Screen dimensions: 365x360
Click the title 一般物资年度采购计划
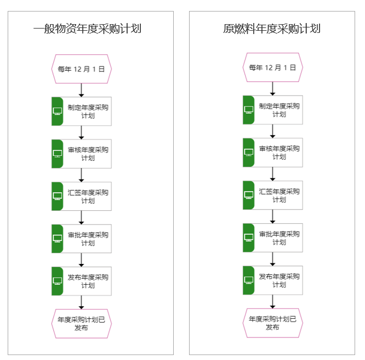(87, 29)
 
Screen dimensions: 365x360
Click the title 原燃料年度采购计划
(272, 29)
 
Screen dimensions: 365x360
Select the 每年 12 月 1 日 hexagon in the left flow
(82, 69)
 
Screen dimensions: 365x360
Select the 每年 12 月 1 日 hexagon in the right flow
(273, 67)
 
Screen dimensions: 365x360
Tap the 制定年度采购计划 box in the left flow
(82, 111)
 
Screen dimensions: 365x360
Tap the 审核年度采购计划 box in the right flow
(273, 153)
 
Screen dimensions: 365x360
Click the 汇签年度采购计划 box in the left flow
(82, 196)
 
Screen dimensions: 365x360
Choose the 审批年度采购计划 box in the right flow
(273, 238)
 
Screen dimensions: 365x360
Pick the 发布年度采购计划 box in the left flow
(82, 281)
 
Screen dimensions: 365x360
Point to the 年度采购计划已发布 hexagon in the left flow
(82, 324)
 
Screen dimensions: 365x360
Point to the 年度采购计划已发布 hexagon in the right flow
(273, 323)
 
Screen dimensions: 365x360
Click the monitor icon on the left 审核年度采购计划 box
(58, 154)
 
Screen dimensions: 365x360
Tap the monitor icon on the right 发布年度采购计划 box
(249, 280)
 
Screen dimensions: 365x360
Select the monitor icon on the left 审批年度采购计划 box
(58, 239)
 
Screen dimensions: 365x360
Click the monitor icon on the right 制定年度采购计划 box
(249, 110)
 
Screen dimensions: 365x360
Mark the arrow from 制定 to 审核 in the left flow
(81, 133)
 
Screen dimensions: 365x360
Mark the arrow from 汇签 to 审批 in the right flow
(272, 217)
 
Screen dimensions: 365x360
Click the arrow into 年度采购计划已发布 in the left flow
(81, 302)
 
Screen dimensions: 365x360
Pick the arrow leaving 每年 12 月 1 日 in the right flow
(272, 89)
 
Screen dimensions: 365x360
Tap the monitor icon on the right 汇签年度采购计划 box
(249, 195)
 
